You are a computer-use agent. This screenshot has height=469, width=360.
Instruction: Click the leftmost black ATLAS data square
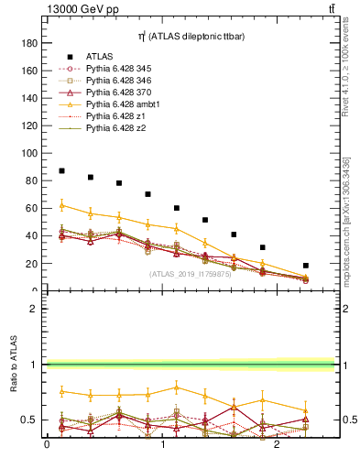coord(61,171)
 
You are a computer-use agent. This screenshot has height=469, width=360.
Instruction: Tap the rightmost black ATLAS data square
coord(306,266)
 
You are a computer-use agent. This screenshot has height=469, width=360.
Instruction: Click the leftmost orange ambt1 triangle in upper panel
coord(61,205)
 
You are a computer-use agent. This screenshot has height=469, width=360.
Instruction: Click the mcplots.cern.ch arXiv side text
coord(346,220)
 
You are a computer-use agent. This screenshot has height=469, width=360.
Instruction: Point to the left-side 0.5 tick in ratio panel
coord(31,420)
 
